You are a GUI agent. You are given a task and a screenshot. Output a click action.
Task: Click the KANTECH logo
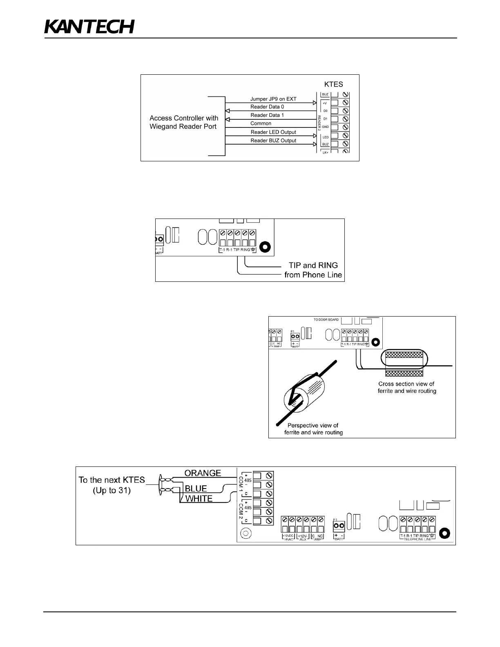pyautogui.click(x=89, y=27)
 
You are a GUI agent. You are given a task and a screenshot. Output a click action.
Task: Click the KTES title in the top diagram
pyautogui.click(x=333, y=85)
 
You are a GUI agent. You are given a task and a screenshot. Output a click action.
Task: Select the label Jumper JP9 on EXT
pyautogui.click(x=273, y=99)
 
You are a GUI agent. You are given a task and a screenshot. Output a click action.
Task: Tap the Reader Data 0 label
pyautogui.click(x=267, y=107)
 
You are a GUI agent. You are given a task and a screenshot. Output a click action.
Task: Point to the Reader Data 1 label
pyautogui.click(x=267, y=115)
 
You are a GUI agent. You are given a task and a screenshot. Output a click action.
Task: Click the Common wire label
pyautogui.click(x=261, y=123)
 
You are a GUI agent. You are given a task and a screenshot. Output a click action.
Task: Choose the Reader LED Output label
pyautogui.click(x=273, y=132)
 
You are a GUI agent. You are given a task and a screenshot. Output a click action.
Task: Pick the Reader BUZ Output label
pyautogui.click(x=273, y=141)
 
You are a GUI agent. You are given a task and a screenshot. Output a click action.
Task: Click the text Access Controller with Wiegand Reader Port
pyautogui.click(x=183, y=122)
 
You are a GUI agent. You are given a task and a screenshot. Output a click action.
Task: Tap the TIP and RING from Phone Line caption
pyautogui.click(x=313, y=270)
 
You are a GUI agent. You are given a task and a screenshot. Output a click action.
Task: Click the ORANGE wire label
pyautogui.click(x=203, y=473)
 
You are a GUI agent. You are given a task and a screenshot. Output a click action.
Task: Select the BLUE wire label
pyautogui.click(x=196, y=489)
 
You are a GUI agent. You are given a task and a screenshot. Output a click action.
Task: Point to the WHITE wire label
pyautogui.click(x=199, y=498)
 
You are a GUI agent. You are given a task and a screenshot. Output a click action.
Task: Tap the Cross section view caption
pyautogui.click(x=406, y=387)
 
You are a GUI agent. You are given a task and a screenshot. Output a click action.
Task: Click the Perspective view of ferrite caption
pyautogui.click(x=313, y=429)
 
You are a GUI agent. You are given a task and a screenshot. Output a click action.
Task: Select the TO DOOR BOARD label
pyautogui.click(x=326, y=319)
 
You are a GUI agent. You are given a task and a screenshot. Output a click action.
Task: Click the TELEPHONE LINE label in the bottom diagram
pyautogui.click(x=417, y=539)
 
